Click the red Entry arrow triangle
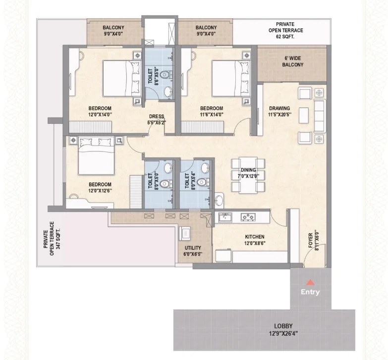pos(310,282)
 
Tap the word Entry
pos(310,292)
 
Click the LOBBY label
pos(283,326)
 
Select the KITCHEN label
pos(255,237)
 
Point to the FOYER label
pos(311,241)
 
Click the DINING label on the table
pos(248,170)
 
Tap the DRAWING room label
pos(279,108)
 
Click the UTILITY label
pos(193,248)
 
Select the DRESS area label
pos(157,116)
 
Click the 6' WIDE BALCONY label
pos(293,61)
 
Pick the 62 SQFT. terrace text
pos(285,37)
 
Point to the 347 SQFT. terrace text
pos(58,239)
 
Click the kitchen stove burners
pos(248,217)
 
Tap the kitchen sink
pos(225,217)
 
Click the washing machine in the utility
pos(185,233)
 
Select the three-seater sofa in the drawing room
pos(320,116)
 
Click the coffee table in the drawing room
pos(304,115)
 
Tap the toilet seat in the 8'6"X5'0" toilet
pos(165,74)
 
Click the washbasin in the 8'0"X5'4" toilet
pos(205,168)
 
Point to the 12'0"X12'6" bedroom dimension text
pos(100,191)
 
